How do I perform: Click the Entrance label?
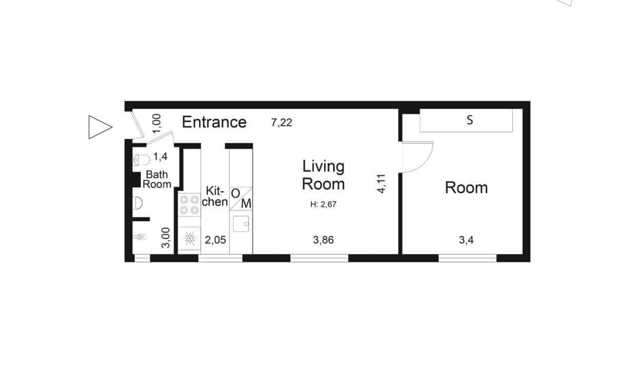pos(214,122)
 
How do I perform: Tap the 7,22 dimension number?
pos(282,123)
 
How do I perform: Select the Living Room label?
pos(324,175)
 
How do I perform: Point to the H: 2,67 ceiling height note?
pos(324,204)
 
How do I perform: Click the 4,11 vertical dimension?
pos(381,183)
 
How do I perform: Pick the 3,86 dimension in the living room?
pos(323,240)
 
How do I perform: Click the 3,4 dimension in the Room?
pos(466,240)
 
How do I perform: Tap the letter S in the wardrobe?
pos(470,120)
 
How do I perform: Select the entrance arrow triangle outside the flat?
pos(100,127)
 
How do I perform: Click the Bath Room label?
pos(157,179)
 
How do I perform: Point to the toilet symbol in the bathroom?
pos(142,160)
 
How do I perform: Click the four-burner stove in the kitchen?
pos(189,205)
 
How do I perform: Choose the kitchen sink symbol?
pos(241,224)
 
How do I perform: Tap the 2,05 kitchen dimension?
pos(215,240)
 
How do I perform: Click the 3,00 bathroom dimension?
pos(166,238)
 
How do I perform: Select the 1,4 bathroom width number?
pos(161,156)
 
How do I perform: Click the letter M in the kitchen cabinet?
pos(246,204)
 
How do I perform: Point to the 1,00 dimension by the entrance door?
pos(156,123)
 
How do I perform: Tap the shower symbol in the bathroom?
pos(140,236)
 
